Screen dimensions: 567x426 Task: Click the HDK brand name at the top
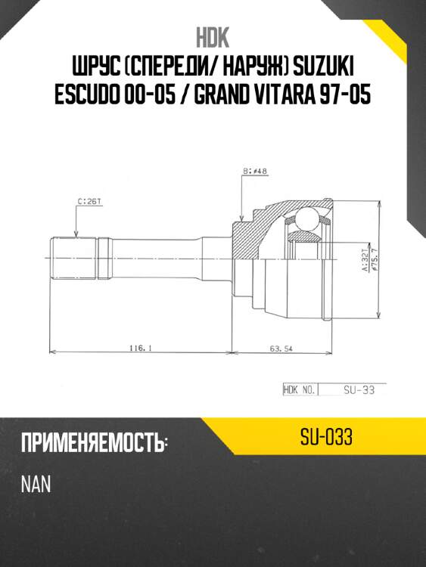(x=213, y=38)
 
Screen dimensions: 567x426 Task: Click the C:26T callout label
(x=90, y=203)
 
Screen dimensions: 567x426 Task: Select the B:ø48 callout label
(x=255, y=172)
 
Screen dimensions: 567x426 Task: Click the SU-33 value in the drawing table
(x=354, y=390)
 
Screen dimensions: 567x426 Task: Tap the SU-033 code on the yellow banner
(x=327, y=438)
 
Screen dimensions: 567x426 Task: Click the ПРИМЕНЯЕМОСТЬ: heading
(x=95, y=444)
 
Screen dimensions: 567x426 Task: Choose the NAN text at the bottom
(x=36, y=484)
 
